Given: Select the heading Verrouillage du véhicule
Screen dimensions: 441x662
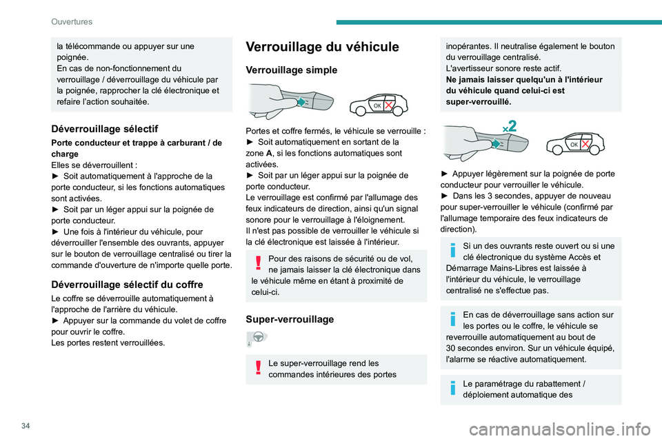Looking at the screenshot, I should (322, 48).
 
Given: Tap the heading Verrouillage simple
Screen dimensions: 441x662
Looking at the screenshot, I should (292, 70).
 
